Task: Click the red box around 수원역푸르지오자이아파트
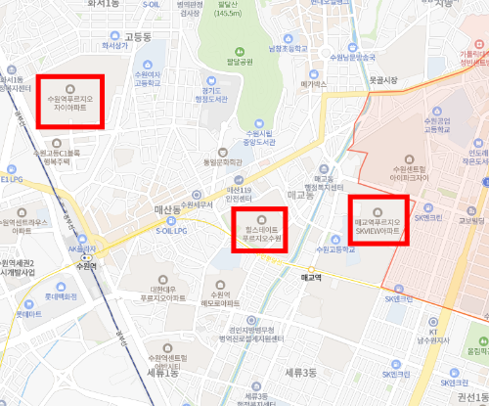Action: coord(70,101)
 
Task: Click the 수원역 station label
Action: coord(87,265)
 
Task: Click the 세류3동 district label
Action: coord(299,373)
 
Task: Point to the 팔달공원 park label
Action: coord(241,62)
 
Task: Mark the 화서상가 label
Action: coord(115,45)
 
